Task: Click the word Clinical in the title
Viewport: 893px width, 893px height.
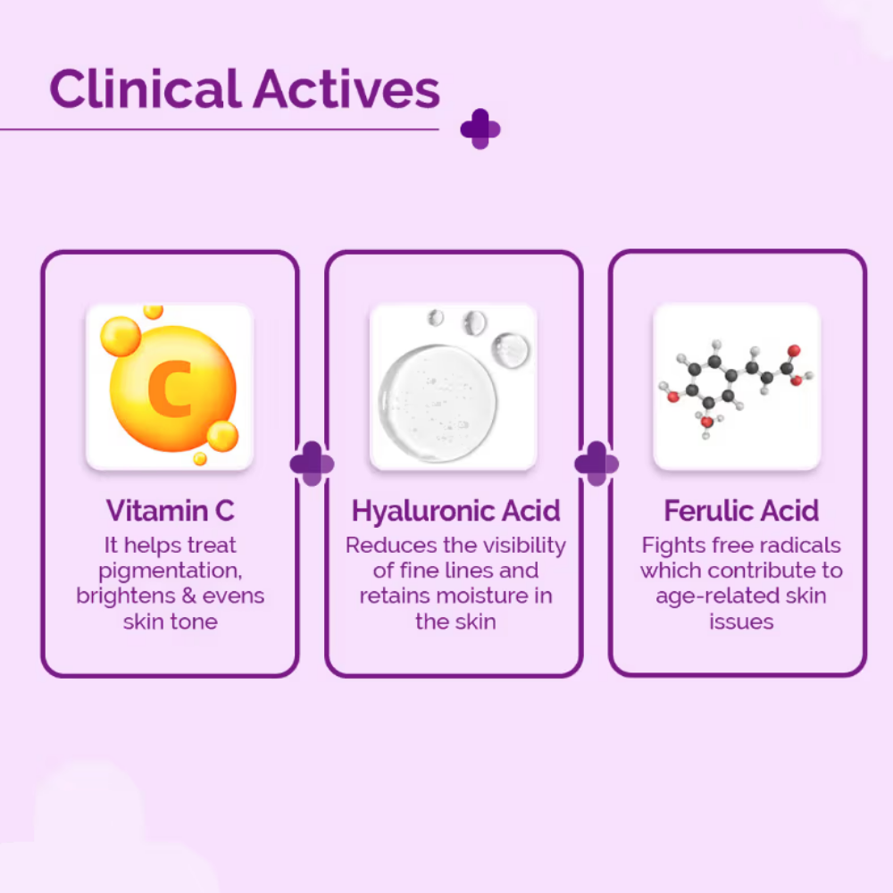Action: click(145, 89)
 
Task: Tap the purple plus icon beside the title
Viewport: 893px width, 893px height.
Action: click(480, 129)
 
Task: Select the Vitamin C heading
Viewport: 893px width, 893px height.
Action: click(170, 511)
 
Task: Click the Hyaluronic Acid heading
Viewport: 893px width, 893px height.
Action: click(455, 511)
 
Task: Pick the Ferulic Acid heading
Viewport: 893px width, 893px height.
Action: click(741, 511)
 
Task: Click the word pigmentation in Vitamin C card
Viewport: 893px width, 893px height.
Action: click(170, 571)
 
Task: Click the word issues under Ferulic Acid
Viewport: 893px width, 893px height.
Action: click(741, 622)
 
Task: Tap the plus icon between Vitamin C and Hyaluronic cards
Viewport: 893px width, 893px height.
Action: click(312, 463)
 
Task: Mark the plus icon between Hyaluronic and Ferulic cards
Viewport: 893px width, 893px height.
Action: click(597, 463)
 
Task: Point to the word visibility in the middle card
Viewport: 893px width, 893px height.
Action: click(522, 545)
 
